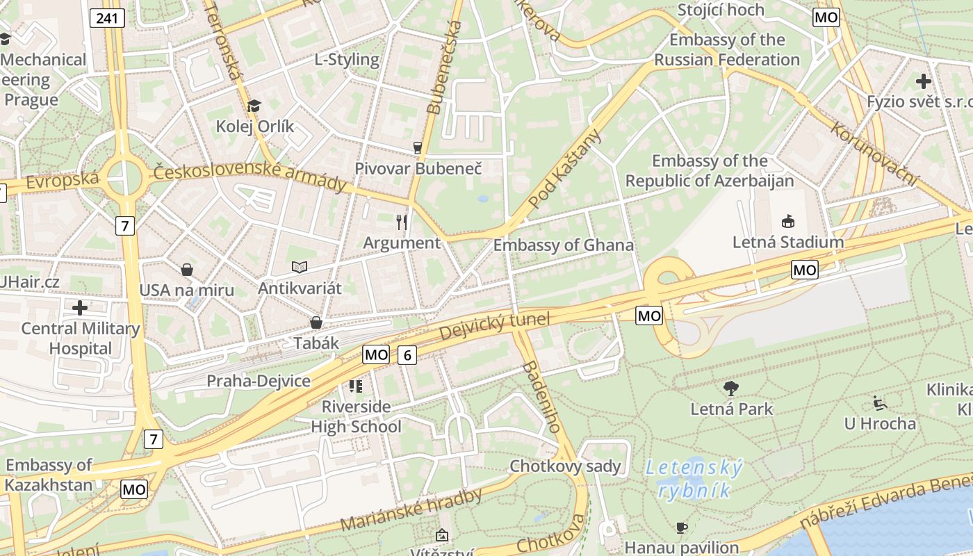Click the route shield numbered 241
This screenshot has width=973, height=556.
click(107, 18)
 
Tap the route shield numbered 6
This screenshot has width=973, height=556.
click(407, 355)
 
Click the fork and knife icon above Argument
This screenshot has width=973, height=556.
click(402, 222)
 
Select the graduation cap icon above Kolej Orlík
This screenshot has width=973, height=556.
click(254, 106)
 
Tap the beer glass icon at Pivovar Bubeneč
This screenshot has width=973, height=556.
click(418, 147)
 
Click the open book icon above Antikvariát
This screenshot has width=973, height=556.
click(300, 267)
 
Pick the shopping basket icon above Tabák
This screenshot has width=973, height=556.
click(316, 322)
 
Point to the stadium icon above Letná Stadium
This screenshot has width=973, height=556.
click(788, 222)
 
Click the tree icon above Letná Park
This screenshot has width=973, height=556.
click(731, 389)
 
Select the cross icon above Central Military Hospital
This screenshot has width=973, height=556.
click(80, 307)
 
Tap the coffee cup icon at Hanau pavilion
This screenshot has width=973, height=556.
click(682, 528)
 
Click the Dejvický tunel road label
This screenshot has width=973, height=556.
click(495, 327)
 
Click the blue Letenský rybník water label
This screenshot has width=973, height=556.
click(694, 479)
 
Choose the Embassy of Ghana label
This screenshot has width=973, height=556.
click(563, 245)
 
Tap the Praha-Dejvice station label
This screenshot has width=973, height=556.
click(259, 381)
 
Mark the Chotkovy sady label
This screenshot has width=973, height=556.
click(565, 466)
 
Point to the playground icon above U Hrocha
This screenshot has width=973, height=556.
click(880, 402)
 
